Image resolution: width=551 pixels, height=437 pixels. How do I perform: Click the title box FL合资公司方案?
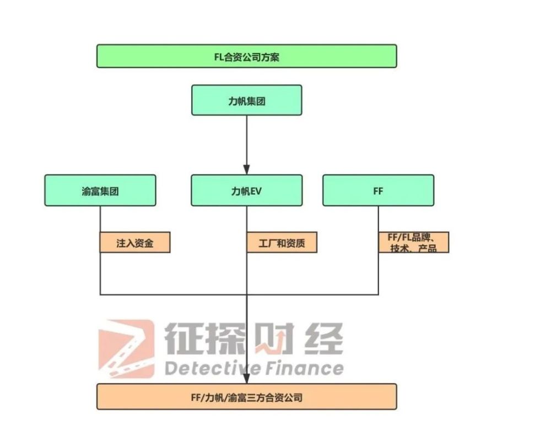[247, 56]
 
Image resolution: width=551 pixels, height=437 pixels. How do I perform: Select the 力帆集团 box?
[247, 100]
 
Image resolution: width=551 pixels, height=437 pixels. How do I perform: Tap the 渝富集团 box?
[100, 190]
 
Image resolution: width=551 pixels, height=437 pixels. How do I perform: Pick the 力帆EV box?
[247, 190]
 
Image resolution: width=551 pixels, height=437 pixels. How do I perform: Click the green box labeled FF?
[379, 190]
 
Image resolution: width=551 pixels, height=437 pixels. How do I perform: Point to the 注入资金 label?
[135, 242]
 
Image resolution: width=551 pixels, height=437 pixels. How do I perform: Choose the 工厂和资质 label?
[282, 242]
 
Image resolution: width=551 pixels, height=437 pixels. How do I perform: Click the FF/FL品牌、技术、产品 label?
[414, 242]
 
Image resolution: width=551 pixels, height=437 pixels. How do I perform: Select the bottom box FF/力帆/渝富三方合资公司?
[247, 397]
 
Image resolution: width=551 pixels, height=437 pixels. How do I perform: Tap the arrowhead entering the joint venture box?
[247, 378]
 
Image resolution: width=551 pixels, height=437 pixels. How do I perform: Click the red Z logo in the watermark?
[127, 348]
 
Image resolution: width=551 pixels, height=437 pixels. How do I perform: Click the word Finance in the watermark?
[304, 369]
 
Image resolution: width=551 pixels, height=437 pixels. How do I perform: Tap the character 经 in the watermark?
[323, 338]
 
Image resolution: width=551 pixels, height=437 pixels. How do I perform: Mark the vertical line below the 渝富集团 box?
[100, 250]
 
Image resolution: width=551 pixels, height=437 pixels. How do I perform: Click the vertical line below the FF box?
[379, 250]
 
